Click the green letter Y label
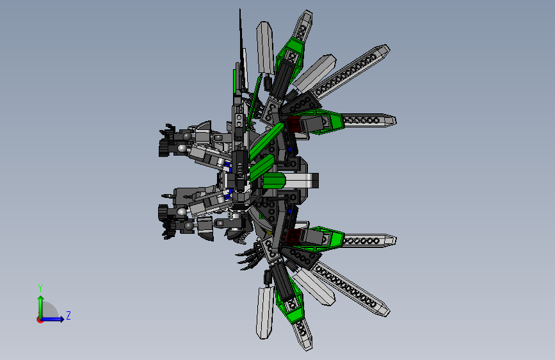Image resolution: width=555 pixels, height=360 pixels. pyautogui.click(x=40, y=288)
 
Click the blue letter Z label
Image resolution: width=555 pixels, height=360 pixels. pyautogui.click(x=68, y=315)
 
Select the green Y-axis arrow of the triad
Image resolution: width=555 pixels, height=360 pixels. pyautogui.click(x=40, y=304)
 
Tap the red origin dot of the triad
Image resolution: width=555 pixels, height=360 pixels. pyautogui.click(x=40, y=320)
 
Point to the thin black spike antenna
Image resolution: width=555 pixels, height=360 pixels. pyautogui.click(x=241, y=38)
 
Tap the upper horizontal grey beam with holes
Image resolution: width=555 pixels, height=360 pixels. pyautogui.click(x=368, y=120)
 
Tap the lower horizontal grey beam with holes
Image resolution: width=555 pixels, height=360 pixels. pyautogui.click(x=368, y=240)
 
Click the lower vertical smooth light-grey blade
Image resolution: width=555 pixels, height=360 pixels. pyautogui.click(x=264, y=312)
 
